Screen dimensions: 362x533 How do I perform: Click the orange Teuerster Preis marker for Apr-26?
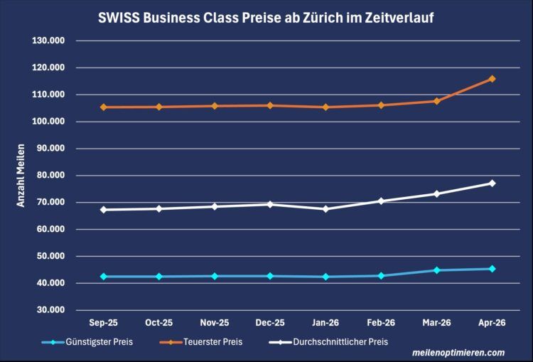tap(492, 79)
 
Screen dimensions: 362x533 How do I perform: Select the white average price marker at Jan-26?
tap(325, 209)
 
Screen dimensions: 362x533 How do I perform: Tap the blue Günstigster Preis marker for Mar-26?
tap(436, 270)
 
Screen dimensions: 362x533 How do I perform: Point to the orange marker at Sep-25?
tap(104, 107)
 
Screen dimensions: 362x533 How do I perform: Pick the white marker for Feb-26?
tap(381, 201)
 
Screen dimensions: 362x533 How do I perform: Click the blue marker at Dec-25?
tap(270, 276)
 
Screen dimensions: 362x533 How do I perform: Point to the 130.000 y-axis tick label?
tap(48, 41)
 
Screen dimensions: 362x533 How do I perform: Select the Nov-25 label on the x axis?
tap(215, 322)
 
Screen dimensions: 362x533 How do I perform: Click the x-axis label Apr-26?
tap(492, 322)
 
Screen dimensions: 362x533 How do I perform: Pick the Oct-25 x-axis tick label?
tap(159, 322)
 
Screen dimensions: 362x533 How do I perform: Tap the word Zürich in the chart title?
tap(304, 17)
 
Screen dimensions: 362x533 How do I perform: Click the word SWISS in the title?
tap(118, 17)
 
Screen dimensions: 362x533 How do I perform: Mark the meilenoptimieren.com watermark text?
tap(458, 353)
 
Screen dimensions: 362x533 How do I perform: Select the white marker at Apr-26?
tap(492, 183)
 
